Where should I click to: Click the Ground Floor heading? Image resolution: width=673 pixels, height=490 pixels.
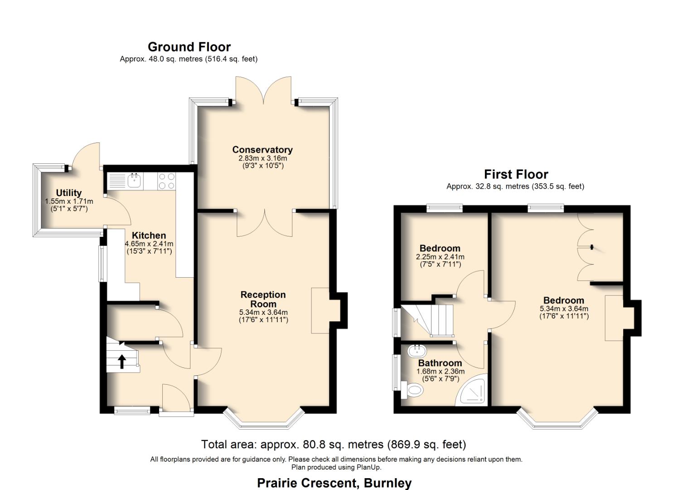click(189, 47)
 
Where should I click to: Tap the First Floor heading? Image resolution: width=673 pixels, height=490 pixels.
click(516, 175)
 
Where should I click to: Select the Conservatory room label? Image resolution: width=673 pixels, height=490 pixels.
click(262, 150)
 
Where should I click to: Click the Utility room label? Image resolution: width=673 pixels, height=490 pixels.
click(69, 193)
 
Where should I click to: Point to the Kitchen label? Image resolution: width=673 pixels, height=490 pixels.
click(149, 235)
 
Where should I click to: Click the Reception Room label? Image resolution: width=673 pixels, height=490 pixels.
click(263, 299)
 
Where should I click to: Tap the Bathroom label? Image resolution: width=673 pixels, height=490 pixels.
click(440, 363)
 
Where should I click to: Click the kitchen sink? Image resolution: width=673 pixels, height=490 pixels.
click(135, 181)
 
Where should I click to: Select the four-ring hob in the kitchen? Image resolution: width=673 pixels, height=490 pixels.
click(166, 181)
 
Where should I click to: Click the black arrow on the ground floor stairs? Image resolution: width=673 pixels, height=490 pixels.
click(121, 361)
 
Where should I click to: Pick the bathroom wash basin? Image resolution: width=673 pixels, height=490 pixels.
click(416, 351)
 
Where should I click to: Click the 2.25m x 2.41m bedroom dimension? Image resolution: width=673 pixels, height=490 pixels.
click(440, 257)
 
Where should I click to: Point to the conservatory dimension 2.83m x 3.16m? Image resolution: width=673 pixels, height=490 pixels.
click(262, 158)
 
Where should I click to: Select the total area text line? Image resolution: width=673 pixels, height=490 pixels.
click(333, 444)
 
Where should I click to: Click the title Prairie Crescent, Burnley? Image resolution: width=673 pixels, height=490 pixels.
click(334, 483)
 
